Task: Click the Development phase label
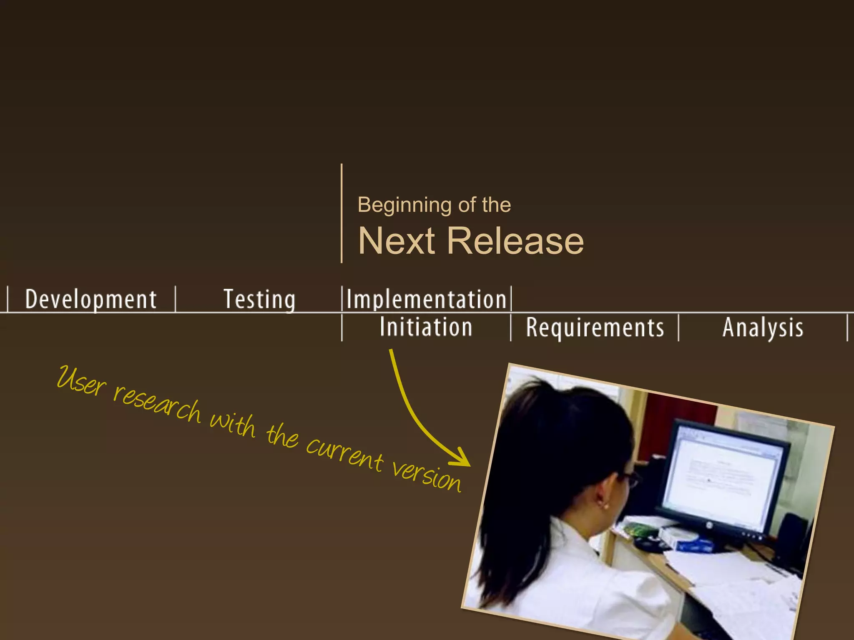point(91,299)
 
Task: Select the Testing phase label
point(259,299)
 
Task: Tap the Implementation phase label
point(426,299)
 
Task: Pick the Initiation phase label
point(426,327)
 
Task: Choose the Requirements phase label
point(595,327)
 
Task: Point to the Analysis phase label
point(763,327)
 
